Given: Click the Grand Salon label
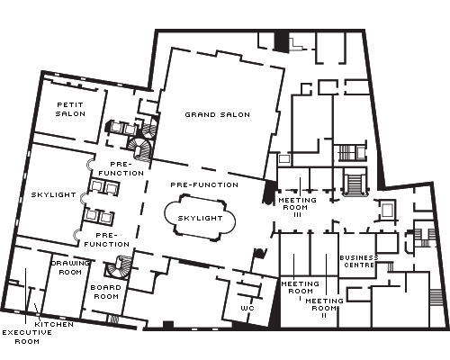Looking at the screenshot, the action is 218,114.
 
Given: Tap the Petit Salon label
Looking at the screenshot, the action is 70,109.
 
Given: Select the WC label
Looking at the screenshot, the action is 247,308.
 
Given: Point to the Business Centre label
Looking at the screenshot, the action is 359,261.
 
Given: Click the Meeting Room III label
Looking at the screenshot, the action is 297,207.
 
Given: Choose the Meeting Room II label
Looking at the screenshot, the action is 324,308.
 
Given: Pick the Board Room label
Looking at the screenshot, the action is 106,292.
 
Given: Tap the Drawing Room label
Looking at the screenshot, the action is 70,267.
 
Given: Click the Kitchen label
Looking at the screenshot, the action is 54,324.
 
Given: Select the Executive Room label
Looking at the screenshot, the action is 27,337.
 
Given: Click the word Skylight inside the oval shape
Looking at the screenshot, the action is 200,218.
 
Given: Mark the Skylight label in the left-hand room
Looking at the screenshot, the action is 54,194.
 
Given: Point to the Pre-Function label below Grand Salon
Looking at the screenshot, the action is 204,184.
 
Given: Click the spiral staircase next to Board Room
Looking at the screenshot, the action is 119,266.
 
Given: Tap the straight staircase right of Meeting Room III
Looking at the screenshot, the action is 355,182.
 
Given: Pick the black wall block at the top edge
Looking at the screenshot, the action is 282,41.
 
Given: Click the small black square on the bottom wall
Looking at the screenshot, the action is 168,325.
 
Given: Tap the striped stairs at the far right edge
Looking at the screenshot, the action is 436,297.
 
